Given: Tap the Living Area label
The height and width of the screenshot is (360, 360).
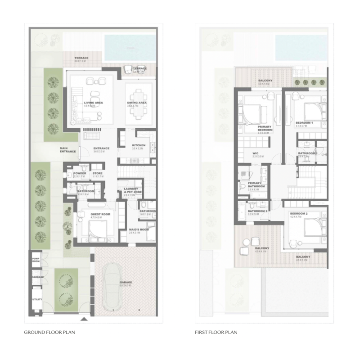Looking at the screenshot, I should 93,103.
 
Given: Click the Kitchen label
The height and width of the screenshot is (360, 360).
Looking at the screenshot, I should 138,145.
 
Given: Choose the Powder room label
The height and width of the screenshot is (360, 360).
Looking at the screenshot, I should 80,173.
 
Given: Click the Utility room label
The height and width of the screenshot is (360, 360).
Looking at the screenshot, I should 36,300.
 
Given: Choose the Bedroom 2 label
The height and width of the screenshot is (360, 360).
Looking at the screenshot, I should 298,213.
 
